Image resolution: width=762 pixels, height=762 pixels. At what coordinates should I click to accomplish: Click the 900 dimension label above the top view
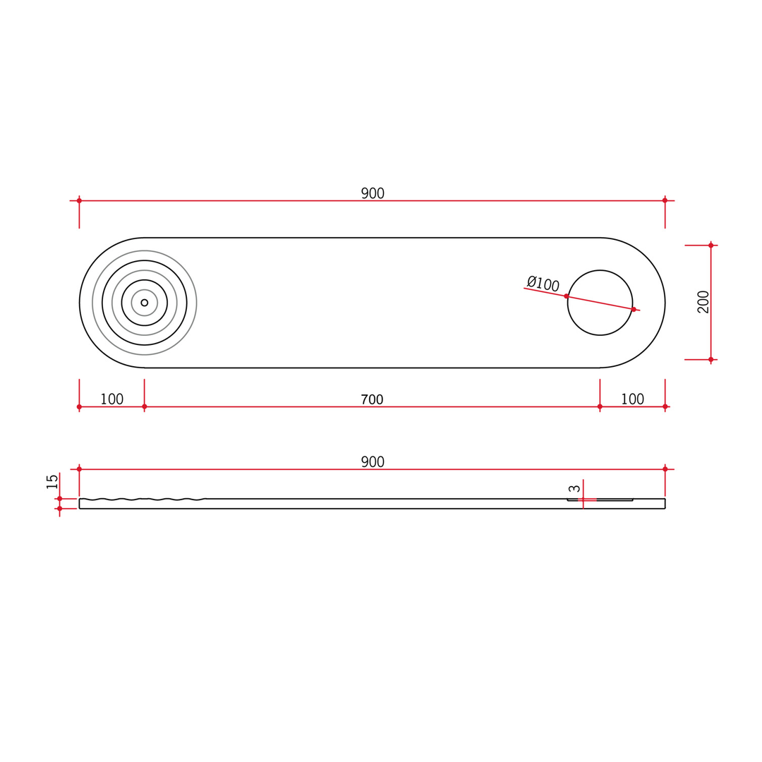pyautogui.click(x=373, y=193)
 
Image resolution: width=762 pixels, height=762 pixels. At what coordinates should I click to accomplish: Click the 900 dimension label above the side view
pyautogui.click(x=373, y=461)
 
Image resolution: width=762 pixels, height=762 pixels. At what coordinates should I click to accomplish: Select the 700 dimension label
pyautogui.click(x=372, y=399)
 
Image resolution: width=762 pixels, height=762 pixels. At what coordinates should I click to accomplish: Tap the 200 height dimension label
pyautogui.click(x=703, y=302)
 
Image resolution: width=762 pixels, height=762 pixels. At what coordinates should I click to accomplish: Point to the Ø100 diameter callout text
pyautogui.click(x=543, y=284)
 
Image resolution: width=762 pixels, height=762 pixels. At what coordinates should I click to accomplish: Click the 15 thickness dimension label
pyautogui.click(x=52, y=482)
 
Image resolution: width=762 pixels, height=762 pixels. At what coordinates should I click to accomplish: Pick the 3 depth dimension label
pyautogui.click(x=574, y=488)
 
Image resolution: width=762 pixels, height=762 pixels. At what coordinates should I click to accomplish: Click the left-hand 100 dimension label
pyautogui.click(x=111, y=399)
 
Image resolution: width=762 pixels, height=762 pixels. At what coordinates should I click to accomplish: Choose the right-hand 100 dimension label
pyautogui.click(x=632, y=399)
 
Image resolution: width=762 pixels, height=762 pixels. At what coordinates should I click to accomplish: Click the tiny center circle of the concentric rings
pyautogui.click(x=145, y=303)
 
